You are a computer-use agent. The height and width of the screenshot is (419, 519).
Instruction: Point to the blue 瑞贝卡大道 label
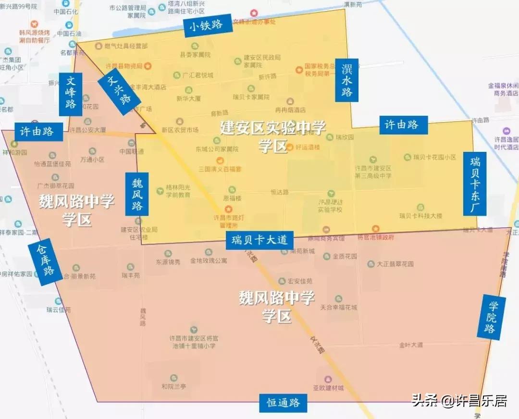pyautogui.click(x=259, y=240)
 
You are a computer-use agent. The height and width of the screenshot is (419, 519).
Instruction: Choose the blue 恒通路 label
pyautogui.click(x=284, y=403)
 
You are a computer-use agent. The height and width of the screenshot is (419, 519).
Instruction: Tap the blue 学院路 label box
pyautogui.click(x=490, y=317)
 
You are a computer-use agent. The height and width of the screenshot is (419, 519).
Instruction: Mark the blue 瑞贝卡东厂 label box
pyautogui.click(x=475, y=184)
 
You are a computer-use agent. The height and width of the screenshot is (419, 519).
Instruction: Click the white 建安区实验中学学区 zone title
pyautogui.click(x=272, y=136)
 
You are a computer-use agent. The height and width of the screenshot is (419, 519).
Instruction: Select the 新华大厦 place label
pyautogui.click(x=188, y=98)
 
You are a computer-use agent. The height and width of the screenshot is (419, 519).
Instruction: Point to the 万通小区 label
pyautogui.click(x=93, y=159)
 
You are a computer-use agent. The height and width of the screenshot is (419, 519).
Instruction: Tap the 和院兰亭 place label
pyautogui.click(x=174, y=386)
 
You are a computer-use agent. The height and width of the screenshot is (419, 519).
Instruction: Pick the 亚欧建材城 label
pyautogui.click(x=329, y=388)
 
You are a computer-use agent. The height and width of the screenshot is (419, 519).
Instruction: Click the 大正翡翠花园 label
pyautogui.click(x=395, y=264)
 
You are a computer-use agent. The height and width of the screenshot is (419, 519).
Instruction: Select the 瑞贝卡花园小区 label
pyautogui.click(x=436, y=157)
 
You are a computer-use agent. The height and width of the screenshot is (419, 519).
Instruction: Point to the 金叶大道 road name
pyautogui.click(x=411, y=345)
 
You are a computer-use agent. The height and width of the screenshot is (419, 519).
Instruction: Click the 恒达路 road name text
pyautogui.click(x=280, y=192)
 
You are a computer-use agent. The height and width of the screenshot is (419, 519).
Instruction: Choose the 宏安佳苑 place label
pyautogui.click(x=300, y=281)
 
